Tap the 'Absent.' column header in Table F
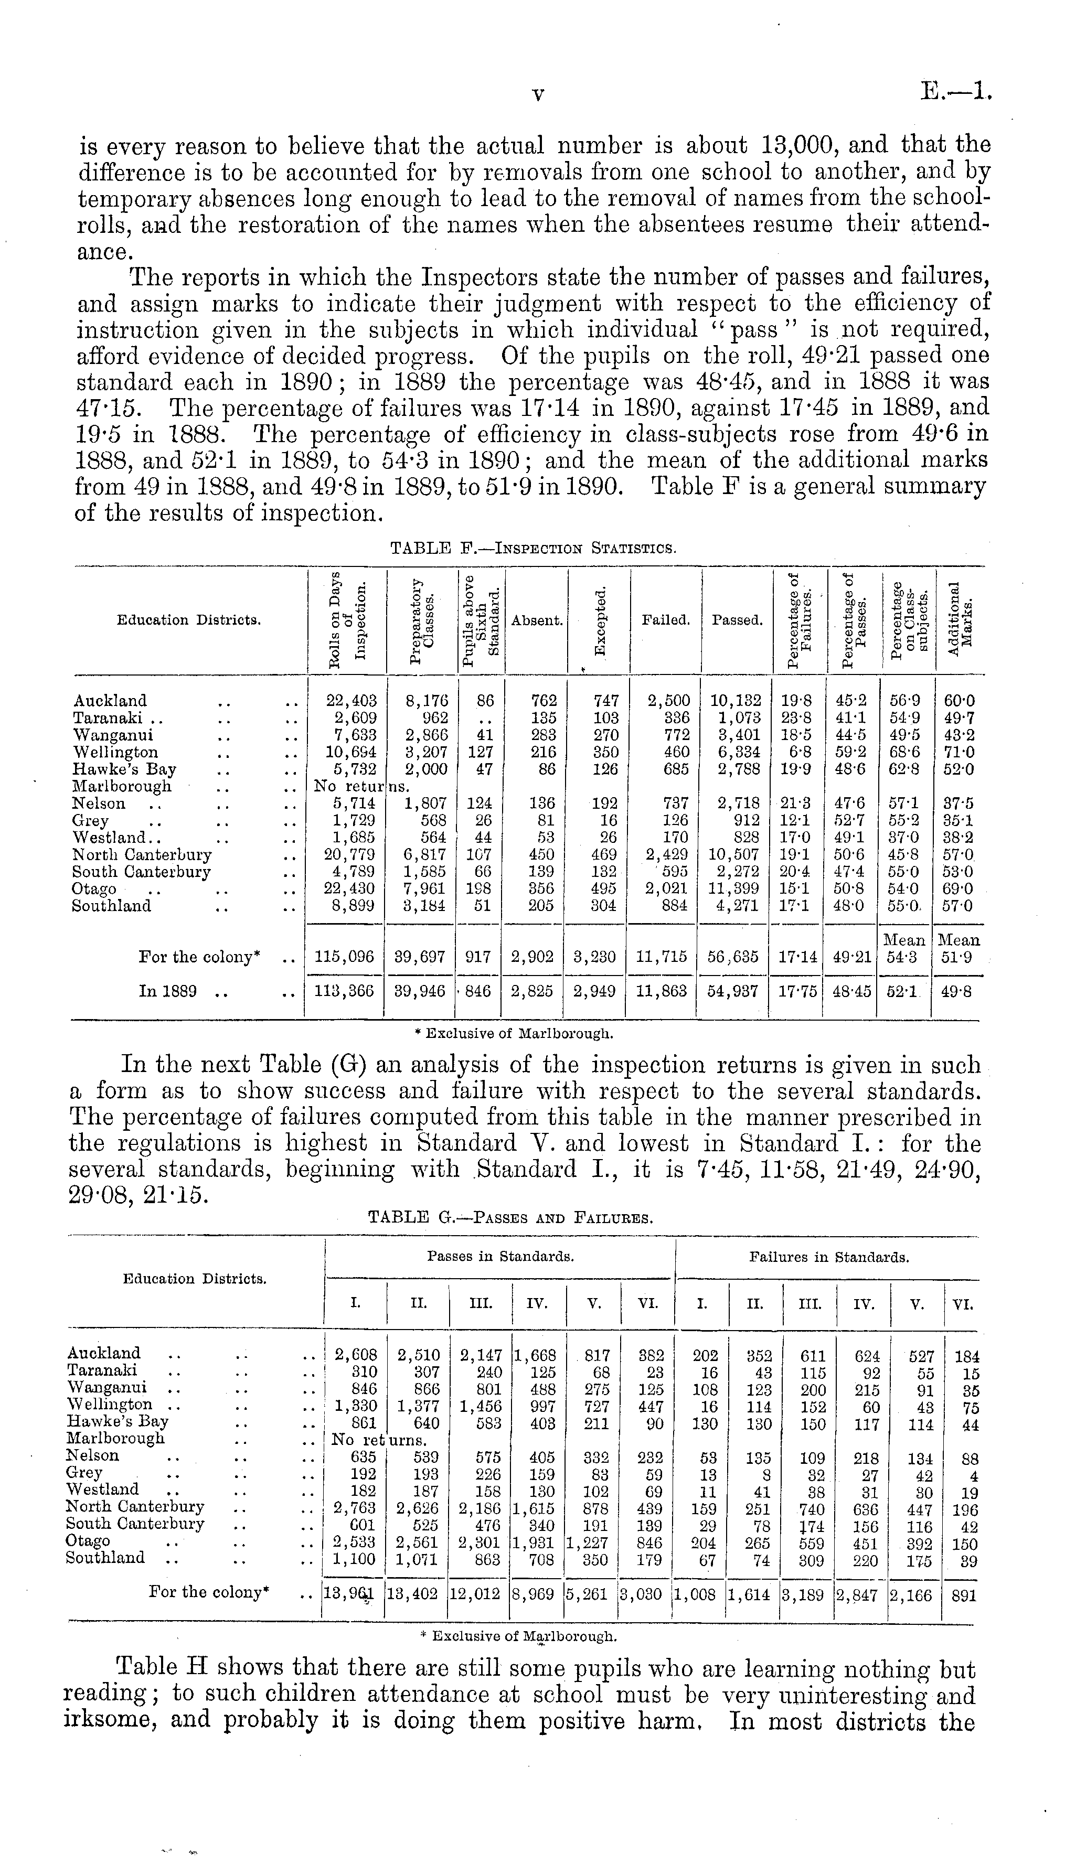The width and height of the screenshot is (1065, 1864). click(537, 620)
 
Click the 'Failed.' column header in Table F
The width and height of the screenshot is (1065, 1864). click(666, 620)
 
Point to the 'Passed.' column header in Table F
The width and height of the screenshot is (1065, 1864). click(737, 620)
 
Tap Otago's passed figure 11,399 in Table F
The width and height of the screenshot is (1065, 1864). click(736, 888)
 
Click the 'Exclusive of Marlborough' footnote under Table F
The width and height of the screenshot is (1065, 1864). click(514, 1034)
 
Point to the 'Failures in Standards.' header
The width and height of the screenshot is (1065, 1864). click(829, 1258)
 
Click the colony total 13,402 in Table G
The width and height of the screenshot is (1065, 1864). click(417, 1594)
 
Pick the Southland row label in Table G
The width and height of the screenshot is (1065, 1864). click(105, 1558)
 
